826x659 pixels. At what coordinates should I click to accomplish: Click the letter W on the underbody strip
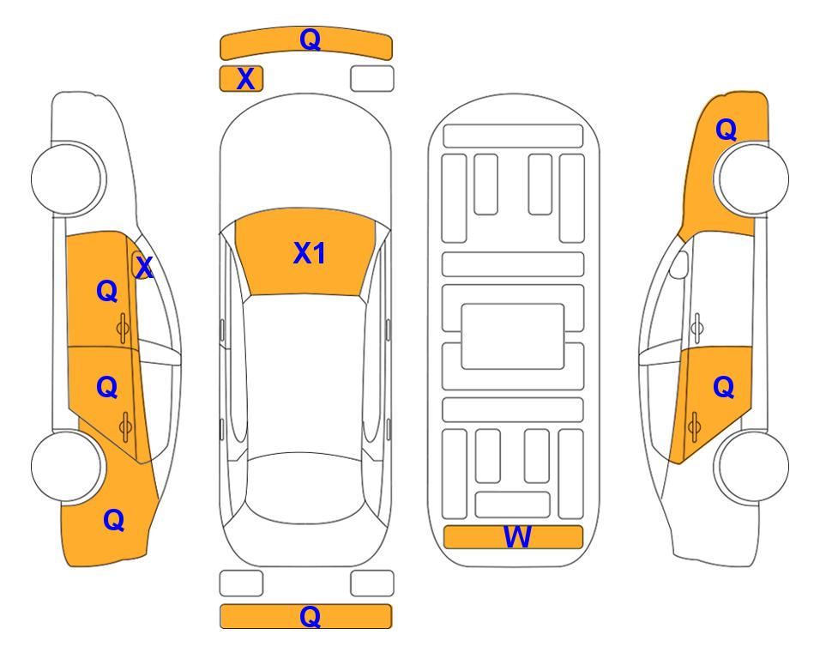point(517,536)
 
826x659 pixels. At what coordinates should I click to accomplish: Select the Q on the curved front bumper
point(310,39)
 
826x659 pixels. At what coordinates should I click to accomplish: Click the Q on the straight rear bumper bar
point(310,616)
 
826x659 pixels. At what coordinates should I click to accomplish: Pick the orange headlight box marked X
point(241,79)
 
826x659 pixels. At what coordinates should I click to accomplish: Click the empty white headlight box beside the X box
point(372,79)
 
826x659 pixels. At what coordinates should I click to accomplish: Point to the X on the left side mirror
point(144,267)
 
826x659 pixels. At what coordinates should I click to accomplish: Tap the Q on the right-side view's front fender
point(726,130)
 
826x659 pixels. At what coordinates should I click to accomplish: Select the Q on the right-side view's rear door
point(723,388)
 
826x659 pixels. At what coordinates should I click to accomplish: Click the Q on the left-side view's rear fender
point(114,520)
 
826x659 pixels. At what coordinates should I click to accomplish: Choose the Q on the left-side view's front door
point(107,291)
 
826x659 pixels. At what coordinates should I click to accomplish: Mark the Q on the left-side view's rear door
point(107,388)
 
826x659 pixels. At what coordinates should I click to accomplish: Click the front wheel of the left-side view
point(67,178)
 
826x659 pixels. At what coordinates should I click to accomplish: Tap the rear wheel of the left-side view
point(67,467)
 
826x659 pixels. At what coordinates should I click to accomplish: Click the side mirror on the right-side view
point(679,264)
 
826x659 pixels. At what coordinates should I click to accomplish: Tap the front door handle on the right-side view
point(696,328)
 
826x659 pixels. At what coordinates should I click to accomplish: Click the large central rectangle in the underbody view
point(513,336)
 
